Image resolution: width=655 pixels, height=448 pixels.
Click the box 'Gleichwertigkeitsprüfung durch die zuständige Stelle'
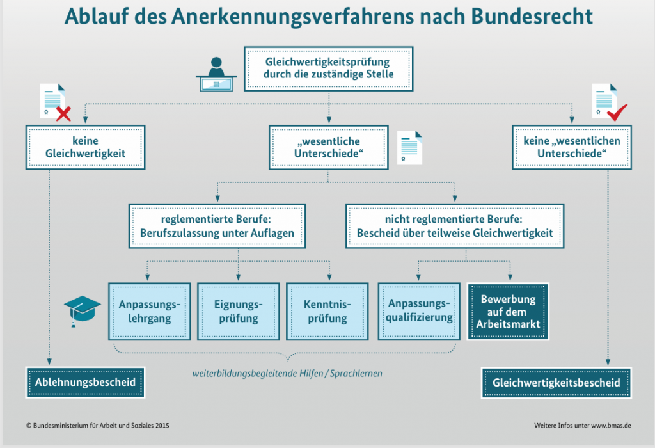pyautogui.click(x=327, y=68)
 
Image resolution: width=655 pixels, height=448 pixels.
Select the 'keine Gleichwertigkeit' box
pyautogui.click(x=85, y=147)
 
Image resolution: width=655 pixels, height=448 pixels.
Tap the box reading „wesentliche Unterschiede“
pyautogui.click(x=327, y=147)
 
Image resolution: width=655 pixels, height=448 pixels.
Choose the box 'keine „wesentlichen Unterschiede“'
pyautogui.click(x=571, y=147)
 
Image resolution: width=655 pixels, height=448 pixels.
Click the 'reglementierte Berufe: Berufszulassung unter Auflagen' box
pyautogui.click(x=217, y=226)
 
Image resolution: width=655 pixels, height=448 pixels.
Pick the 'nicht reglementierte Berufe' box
pyautogui.click(x=455, y=226)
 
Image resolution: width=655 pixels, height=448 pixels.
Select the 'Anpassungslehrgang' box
pyautogui.click(x=150, y=310)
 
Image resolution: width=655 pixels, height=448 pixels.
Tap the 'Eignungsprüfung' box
pyautogui.click(x=237, y=310)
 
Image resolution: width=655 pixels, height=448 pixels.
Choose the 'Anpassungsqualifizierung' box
pyautogui.click(x=420, y=310)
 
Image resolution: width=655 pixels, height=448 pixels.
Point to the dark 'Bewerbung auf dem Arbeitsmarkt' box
pyautogui.click(x=509, y=310)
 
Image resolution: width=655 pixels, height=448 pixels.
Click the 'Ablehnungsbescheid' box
pyautogui.click(x=85, y=382)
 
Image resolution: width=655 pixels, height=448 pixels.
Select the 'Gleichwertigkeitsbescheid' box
pyautogui.click(x=556, y=382)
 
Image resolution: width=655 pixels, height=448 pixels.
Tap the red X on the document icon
pyautogui.click(x=63, y=115)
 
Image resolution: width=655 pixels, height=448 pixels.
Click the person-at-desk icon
pyautogui.click(x=216, y=74)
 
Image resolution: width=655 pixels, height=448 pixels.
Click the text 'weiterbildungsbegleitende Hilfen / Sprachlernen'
pyautogui.click(x=287, y=372)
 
